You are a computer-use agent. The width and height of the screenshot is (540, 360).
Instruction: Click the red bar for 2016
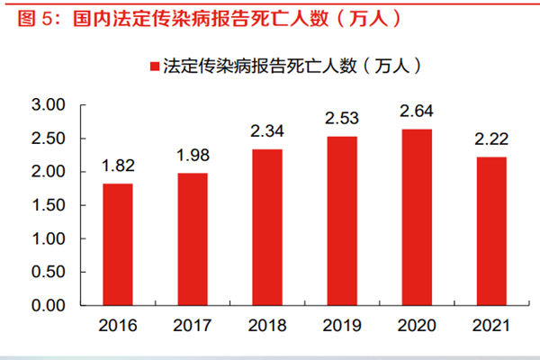[118, 245]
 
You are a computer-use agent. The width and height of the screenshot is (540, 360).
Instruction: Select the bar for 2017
[193, 239]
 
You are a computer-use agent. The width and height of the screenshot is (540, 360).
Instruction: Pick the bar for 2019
[342, 221]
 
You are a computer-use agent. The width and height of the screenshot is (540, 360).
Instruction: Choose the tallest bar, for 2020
[417, 218]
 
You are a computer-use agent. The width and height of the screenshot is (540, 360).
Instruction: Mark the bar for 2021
[491, 231]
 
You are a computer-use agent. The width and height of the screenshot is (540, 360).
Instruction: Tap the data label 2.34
[267, 132]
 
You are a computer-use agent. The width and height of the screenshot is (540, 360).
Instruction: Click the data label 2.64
[417, 112]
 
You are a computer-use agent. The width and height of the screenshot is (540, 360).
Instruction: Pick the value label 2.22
[491, 140]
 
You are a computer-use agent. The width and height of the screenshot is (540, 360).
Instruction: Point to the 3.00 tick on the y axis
[50, 105]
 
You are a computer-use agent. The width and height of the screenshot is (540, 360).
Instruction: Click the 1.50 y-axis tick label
[50, 206]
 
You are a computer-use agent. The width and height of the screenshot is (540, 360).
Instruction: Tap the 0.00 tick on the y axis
[50, 306]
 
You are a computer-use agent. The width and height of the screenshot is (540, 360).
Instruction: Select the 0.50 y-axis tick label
[50, 273]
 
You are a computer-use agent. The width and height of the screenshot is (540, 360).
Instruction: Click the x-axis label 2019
[342, 324]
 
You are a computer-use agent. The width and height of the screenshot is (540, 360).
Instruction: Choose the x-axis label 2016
[118, 324]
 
